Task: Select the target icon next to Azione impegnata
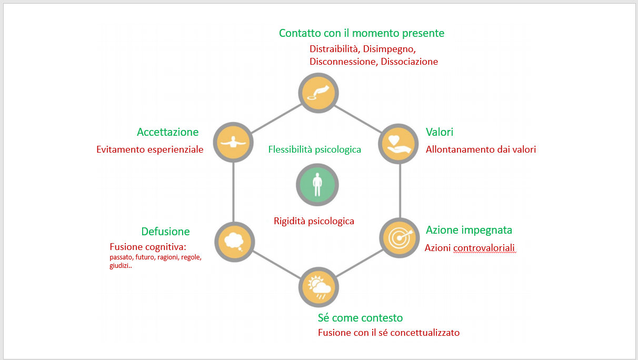399,238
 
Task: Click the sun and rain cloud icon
319,287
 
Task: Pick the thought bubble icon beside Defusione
234,242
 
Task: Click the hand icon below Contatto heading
318,93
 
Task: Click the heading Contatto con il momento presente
362,33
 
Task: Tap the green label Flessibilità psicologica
315,149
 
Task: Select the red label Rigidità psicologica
314,221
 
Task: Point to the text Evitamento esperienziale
149,149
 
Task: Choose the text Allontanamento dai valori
481,149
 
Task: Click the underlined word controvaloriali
484,248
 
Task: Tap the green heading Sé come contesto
360,318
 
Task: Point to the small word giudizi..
119,266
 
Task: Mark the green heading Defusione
165,232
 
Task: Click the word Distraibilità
334,49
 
